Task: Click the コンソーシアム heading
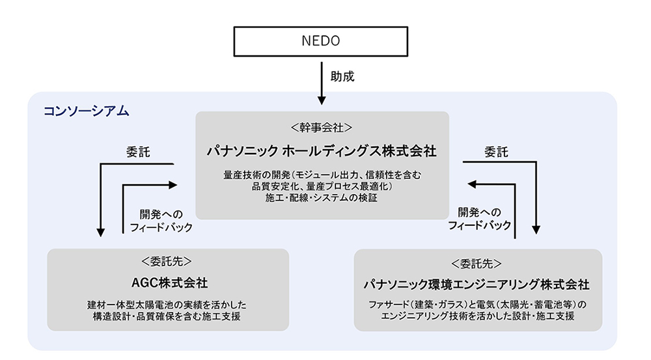click(86, 111)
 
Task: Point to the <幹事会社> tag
click(322, 127)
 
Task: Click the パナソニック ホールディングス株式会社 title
click(322, 152)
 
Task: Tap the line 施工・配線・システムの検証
click(322, 198)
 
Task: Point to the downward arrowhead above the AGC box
click(101, 230)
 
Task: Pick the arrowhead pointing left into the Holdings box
click(473, 185)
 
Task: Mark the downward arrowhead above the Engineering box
click(536, 228)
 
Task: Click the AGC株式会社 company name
click(169, 283)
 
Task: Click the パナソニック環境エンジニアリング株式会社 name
click(477, 284)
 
